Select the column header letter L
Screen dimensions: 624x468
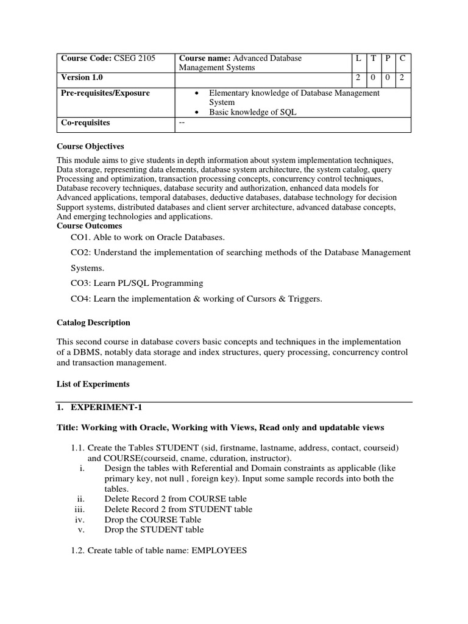tap(359, 58)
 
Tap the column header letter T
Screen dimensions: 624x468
tap(374, 58)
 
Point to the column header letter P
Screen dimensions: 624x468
tap(388, 58)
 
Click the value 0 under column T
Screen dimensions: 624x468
tap(374, 77)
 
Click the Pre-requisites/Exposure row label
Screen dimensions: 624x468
tap(105, 93)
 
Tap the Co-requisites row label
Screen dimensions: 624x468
tap(85, 122)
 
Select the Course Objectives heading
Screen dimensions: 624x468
tap(90, 146)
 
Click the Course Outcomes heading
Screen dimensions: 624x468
tap(89, 226)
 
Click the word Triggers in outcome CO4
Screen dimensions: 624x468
tap(302, 299)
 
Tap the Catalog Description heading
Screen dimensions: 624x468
tap(93, 322)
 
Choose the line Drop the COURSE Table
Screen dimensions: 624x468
tap(153, 519)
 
